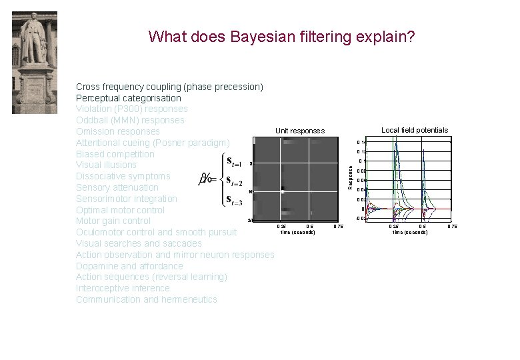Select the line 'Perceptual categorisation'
128,98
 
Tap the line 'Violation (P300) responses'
131,109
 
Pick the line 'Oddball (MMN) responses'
130,120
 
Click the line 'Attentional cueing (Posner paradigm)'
153,143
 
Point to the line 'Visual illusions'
106,165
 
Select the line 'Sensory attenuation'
117,187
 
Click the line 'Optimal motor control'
120,210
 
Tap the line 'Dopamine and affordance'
129,266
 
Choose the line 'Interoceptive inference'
123,288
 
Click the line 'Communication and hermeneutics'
147,299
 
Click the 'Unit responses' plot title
299,131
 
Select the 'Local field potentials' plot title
414,130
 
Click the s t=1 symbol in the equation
233,161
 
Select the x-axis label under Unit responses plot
298,232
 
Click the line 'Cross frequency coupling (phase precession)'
169,87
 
